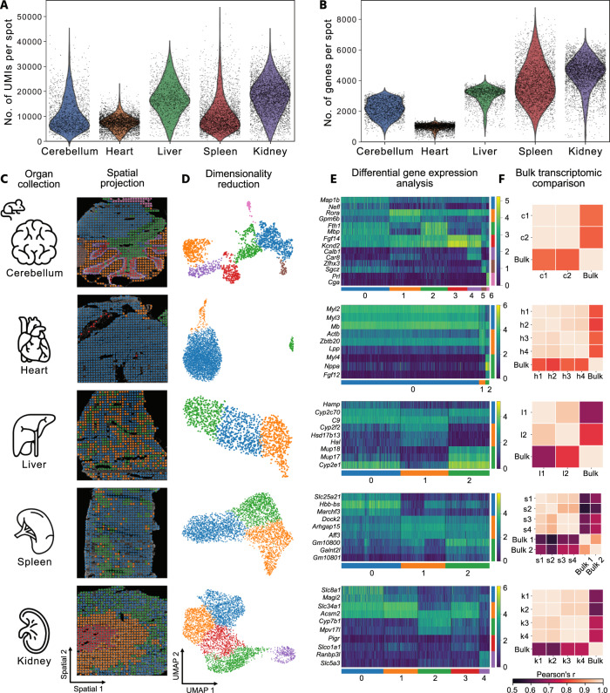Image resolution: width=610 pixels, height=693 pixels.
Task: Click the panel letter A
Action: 6,7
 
